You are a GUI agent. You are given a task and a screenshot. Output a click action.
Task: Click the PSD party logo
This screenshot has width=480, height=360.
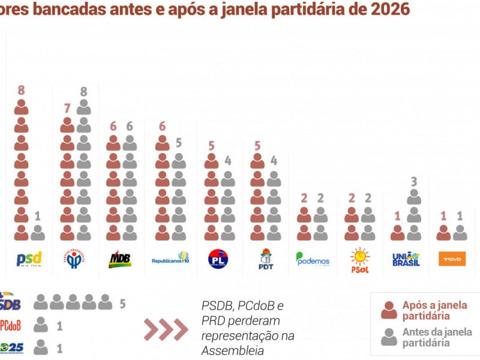29,259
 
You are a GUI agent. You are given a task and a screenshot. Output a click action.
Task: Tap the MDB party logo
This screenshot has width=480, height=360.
120,259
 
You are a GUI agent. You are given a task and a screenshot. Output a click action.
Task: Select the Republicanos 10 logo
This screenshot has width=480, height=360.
170,259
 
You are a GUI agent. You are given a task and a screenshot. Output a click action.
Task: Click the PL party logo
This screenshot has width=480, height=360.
218,259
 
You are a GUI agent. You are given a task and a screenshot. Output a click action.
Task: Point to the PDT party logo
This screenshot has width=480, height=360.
266,259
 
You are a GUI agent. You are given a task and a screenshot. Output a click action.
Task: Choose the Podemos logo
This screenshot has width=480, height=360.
313,259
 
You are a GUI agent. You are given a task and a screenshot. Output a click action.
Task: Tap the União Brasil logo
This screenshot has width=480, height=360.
406,259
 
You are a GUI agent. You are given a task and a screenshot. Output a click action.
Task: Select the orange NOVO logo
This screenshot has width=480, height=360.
452,259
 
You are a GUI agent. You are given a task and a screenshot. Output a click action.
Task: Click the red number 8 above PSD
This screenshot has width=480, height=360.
21,91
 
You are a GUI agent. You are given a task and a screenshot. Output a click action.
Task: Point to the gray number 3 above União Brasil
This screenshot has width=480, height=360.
414,181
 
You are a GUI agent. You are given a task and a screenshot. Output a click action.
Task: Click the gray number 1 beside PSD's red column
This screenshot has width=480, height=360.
38,215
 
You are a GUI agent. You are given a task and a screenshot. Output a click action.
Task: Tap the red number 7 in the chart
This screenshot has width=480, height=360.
67,109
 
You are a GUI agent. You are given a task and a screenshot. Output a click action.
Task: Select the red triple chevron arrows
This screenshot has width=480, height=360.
166,329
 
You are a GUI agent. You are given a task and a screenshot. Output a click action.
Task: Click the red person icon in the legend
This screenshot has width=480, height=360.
389,310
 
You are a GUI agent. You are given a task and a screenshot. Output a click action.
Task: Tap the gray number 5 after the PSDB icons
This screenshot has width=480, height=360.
122,304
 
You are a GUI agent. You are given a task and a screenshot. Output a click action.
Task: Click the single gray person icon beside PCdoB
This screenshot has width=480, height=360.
41,325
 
